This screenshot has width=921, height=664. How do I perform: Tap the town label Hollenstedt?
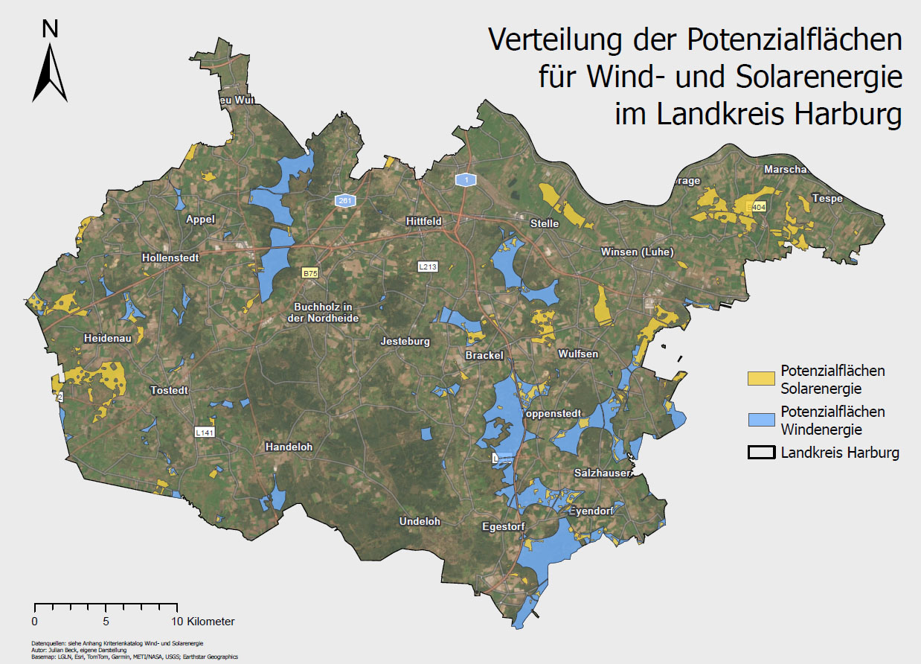(x=170, y=258)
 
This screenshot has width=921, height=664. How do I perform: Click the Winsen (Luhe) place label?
(x=637, y=252)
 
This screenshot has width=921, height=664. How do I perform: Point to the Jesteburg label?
(x=405, y=342)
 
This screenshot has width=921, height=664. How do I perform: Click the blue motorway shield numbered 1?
(x=465, y=180)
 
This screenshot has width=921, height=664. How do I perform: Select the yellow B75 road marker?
(x=310, y=274)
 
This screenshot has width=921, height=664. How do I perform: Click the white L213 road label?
(x=427, y=266)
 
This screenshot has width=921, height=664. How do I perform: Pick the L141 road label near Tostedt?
(x=204, y=432)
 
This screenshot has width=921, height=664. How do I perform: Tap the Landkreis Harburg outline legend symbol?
(x=761, y=453)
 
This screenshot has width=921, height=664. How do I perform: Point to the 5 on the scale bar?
(x=106, y=621)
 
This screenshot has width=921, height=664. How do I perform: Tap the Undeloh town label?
(x=420, y=521)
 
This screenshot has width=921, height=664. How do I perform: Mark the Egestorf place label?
(x=504, y=526)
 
